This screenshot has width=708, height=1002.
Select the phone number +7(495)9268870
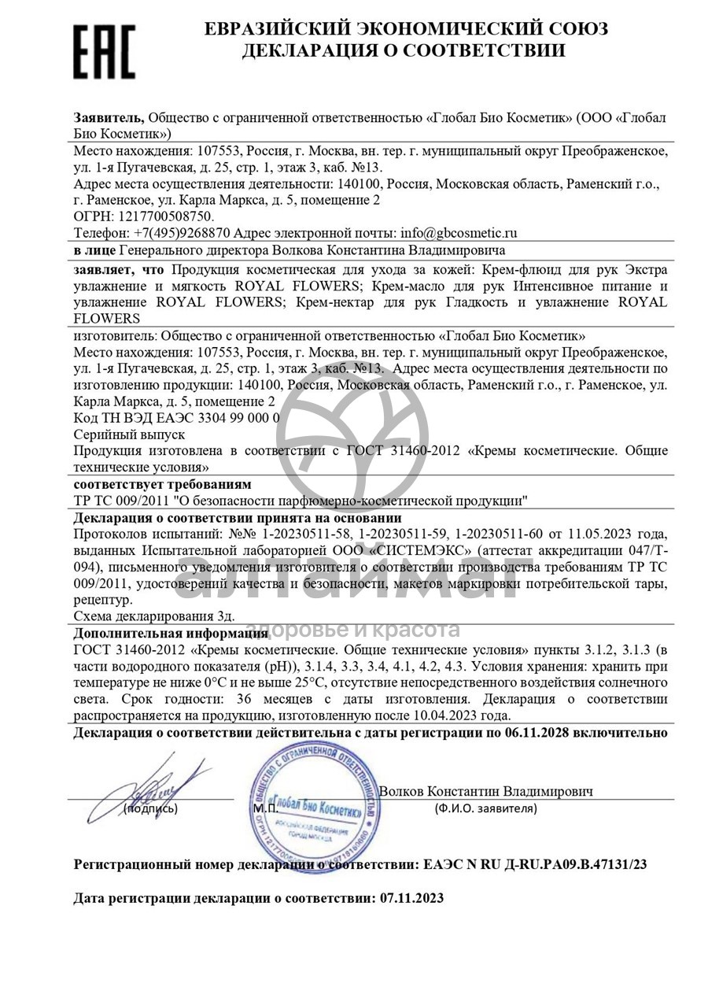pos(182,233)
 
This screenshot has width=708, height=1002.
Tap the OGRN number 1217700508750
pos(164,216)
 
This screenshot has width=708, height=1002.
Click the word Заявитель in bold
pos(109,118)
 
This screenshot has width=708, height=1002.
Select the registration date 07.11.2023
pos(411,898)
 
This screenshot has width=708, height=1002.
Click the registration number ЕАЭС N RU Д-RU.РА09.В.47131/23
pos(534,864)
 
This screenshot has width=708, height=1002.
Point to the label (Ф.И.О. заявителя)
pos(485,808)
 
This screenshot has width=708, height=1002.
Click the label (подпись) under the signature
pos(150,808)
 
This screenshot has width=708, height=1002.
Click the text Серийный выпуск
pos(129,434)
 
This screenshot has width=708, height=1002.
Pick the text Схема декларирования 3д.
pos(154,616)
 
